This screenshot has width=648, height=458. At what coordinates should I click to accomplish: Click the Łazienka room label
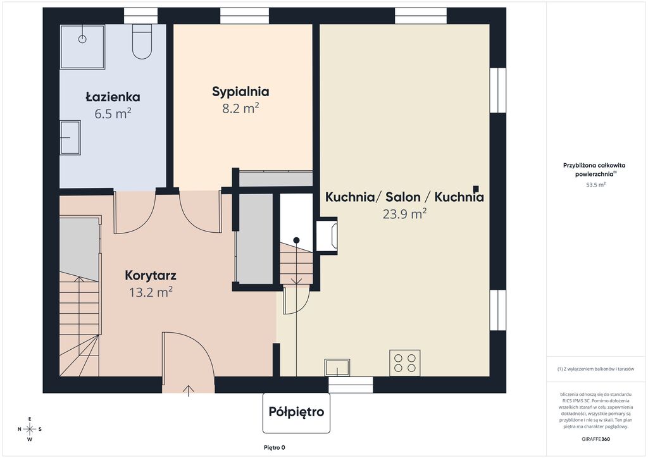point(113,97)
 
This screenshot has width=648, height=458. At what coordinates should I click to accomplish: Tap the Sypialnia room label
point(240,92)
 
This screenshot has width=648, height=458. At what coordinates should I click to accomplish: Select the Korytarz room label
point(151,275)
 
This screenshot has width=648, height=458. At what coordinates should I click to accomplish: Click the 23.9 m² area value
point(404,214)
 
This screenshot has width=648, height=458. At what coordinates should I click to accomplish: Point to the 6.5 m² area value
point(113,113)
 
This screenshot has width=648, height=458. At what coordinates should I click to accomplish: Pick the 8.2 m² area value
point(240,108)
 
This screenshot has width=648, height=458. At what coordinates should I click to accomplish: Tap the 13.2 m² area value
point(151,292)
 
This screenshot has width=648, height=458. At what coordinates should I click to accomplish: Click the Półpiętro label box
point(296,412)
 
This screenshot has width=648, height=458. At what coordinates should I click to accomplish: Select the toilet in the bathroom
point(142,41)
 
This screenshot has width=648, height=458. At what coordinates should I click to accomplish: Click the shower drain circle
point(82,39)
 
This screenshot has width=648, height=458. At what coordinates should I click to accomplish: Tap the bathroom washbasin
point(70,137)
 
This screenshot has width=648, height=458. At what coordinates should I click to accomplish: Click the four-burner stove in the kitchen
point(404,363)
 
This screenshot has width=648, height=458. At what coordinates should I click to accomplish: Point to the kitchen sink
point(337,367)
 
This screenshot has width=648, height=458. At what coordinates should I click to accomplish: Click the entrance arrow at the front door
point(189,391)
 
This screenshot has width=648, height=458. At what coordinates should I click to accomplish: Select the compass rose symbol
point(30,429)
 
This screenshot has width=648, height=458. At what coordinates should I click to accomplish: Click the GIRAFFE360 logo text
point(595,439)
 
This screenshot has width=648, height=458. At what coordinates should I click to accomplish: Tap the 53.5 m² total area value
point(595,185)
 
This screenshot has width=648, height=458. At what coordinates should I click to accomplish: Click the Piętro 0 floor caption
point(275,448)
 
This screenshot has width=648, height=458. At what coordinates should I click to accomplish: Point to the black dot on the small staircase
point(296,240)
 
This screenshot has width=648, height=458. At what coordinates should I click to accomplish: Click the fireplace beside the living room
point(327,235)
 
